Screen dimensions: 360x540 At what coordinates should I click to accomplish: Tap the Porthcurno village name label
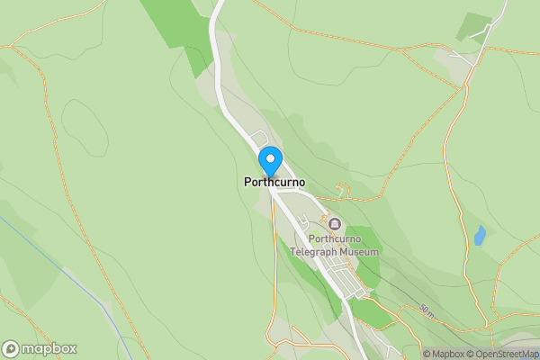[x=274, y=182]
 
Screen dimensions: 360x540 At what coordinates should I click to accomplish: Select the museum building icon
[x=335, y=223]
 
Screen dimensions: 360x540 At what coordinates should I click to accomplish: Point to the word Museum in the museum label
[x=358, y=252]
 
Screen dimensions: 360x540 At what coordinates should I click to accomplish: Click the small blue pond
[x=480, y=236]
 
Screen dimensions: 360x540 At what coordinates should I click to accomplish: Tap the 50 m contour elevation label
[x=426, y=310]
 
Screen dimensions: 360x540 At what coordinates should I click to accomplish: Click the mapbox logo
[x=40, y=348]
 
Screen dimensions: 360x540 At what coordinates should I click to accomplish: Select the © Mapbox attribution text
[x=448, y=354]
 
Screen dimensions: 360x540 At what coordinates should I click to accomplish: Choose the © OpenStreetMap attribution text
[x=507, y=354]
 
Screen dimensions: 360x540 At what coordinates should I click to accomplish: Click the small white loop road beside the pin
[x=262, y=138]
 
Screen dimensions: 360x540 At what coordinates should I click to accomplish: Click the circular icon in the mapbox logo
[x=11, y=348]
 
